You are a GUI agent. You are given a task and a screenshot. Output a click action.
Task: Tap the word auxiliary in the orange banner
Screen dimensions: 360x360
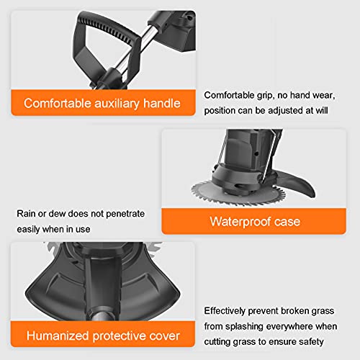pos(117,103)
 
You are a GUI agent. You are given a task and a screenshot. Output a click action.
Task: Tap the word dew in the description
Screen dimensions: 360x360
pos(58,214)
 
